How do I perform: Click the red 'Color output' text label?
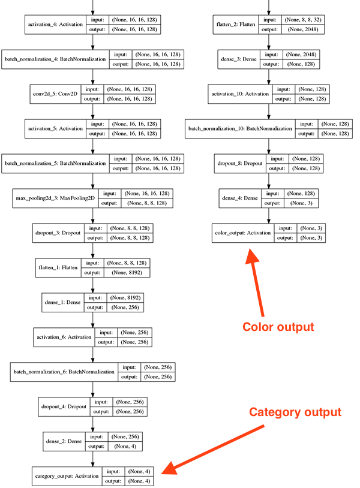tap(278, 327)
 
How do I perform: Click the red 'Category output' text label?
tap(295, 412)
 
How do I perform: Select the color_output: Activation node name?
tap(243, 233)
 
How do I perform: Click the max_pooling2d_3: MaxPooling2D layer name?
tap(54, 198)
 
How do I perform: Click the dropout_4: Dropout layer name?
tap(63, 406)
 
